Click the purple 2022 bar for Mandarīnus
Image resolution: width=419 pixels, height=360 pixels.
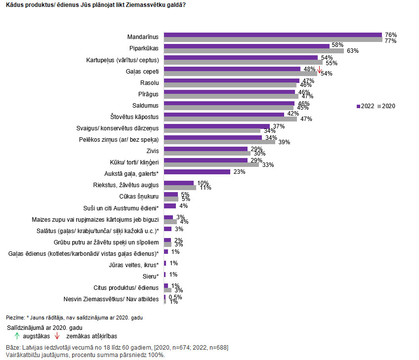[273, 35]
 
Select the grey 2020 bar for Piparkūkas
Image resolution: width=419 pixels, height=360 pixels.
[253, 51]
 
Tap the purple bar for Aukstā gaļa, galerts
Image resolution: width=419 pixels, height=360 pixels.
[197, 172]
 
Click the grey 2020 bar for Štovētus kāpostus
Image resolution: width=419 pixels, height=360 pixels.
[230, 119]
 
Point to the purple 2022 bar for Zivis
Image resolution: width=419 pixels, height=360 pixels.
[206, 149]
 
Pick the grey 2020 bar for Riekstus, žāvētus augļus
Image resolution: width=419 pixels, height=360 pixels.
[180, 188]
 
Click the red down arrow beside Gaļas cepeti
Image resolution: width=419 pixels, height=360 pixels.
[320, 70]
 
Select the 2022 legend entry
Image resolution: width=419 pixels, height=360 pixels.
[365, 106]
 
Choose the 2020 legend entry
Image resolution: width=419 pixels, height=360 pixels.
[386, 106]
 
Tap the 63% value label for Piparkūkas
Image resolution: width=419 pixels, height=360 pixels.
[352, 51]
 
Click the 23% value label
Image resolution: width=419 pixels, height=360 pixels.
[239, 172]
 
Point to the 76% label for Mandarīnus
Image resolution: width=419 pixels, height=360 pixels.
[391, 35]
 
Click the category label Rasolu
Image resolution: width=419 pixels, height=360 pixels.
[149, 82]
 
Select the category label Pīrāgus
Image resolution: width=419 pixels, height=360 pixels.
[148, 94]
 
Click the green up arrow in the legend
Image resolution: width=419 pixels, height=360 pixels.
[17, 336]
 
